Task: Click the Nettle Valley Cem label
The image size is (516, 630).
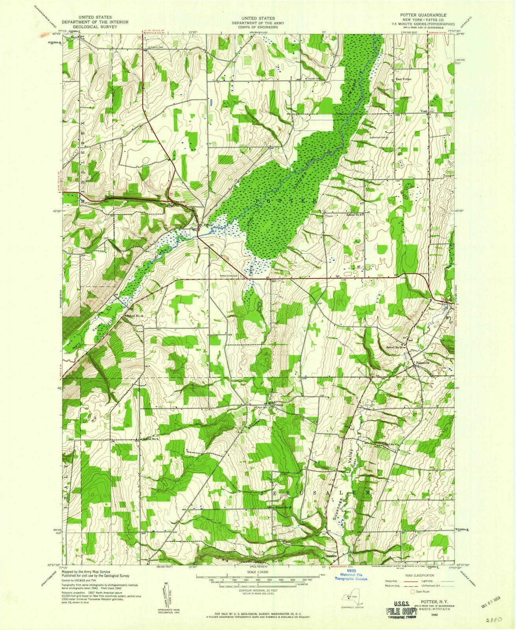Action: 230,276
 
